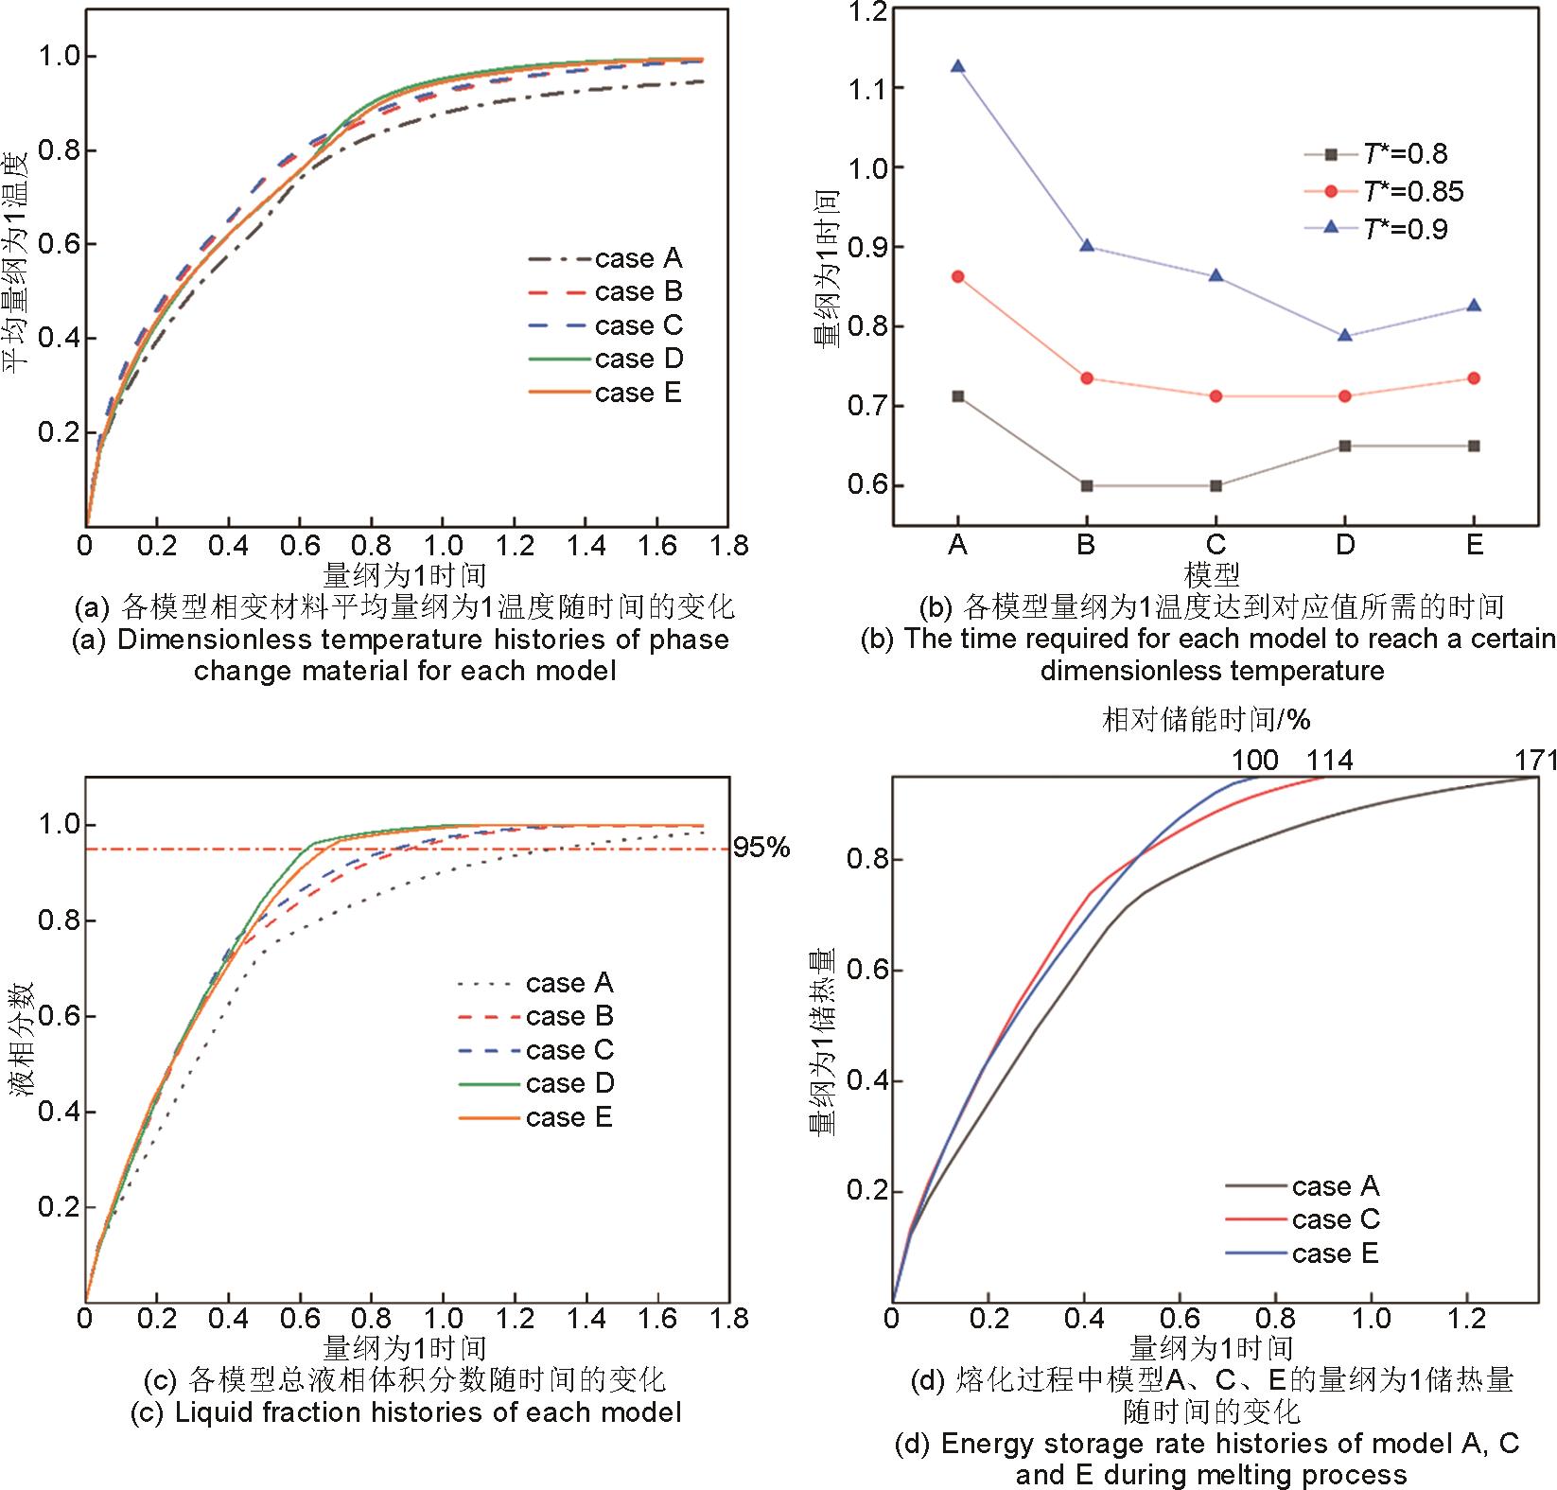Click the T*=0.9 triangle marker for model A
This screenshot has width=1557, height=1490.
(x=957, y=66)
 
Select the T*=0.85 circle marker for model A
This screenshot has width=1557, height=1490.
(x=957, y=276)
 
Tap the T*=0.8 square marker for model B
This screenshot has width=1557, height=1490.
(x=1087, y=485)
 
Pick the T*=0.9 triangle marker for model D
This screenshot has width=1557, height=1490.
(x=1345, y=335)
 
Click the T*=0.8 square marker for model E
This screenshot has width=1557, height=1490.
(x=1474, y=446)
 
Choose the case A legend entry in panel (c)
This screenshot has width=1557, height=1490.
(x=536, y=984)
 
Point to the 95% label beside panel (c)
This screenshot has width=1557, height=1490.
(x=761, y=848)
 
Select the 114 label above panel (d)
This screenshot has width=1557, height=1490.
(x=1329, y=760)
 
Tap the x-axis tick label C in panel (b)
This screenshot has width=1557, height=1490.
(x=1216, y=545)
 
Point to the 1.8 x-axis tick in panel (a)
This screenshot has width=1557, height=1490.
(x=728, y=546)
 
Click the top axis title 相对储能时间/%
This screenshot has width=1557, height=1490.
(x=1206, y=720)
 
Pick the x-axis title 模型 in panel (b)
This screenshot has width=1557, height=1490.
(x=1212, y=574)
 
